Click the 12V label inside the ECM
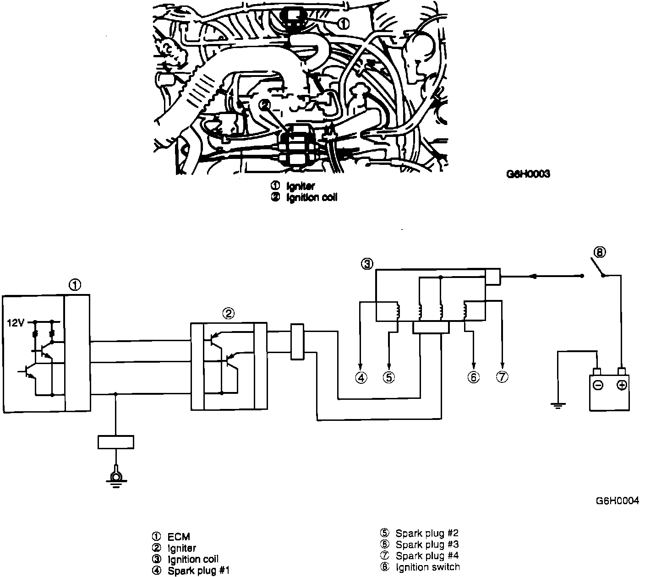(x=15, y=323)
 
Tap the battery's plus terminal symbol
(x=621, y=385)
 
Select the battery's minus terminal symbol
(x=597, y=385)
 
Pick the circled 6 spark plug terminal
(x=473, y=377)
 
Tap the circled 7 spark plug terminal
(x=502, y=377)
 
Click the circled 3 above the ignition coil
(x=367, y=264)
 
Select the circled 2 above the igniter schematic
(x=228, y=313)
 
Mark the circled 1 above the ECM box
(x=75, y=285)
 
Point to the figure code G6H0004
(x=617, y=501)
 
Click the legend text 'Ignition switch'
(x=427, y=567)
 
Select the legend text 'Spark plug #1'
(x=198, y=571)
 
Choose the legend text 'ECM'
(x=179, y=537)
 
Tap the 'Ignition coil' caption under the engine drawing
(x=312, y=198)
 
